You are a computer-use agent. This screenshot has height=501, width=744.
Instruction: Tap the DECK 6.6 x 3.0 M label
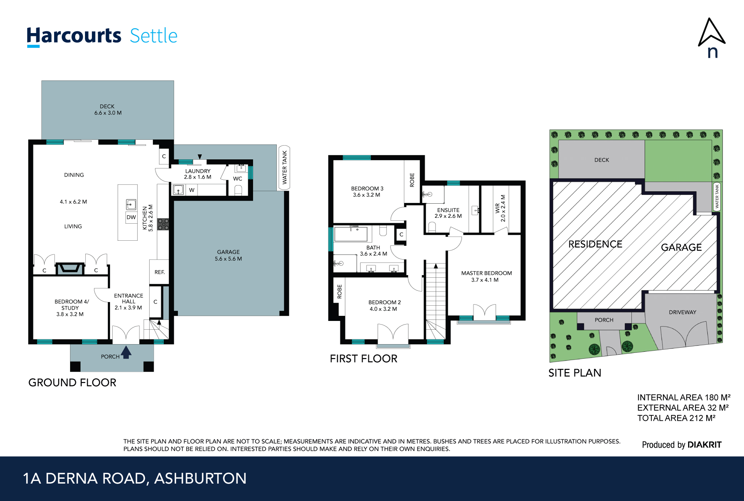pyautogui.click(x=108, y=110)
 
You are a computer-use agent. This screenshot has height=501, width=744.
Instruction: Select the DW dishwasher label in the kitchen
pyautogui.click(x=131, y=217)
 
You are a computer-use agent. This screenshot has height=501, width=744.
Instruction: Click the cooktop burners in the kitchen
pyautogui.click(x=163, y=224)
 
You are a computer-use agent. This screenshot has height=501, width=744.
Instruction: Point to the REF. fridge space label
pyautogui.click(x=159, y=272)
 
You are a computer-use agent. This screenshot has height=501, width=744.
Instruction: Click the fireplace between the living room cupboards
pyautogui.click(x=70, y=268)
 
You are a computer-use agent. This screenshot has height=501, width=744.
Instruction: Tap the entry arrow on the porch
pyautogui.click(x=126, y=352)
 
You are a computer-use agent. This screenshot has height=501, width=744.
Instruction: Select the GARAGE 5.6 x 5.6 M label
pyautogui.click(x=228, y=255)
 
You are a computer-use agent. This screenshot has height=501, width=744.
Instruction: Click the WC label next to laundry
pyautogui.click(x=238, y=179)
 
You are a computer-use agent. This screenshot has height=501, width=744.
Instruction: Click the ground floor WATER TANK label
pyautogui.click(x=284, y=167)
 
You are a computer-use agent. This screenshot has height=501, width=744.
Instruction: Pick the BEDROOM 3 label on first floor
pyautogui.click(x=367, y=192)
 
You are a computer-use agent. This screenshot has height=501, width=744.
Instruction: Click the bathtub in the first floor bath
pyautogui.click(x=351, y=234)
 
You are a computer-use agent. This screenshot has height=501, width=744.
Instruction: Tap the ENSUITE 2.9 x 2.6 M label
pyautogui.click(x=448, y=213)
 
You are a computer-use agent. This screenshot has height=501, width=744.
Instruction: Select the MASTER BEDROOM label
pyautogui.click(x=486, y=276)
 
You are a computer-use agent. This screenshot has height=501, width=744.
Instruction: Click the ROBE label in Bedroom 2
pyautogui.click(x=339, y=292)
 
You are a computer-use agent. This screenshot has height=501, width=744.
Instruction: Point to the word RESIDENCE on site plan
pyautogui.click(x=595, y=244)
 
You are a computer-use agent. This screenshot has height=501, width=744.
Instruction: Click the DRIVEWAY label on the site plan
pyautogui.click(x=682, y=312)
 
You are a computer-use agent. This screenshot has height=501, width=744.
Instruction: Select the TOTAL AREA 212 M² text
pyautogui.click(x=676, y=418)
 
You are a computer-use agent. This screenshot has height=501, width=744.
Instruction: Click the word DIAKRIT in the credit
pyautogui.click(x=704, y=445)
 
